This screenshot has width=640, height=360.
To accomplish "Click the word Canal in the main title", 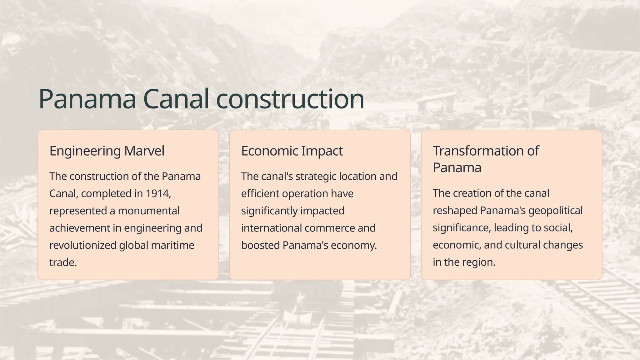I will [176, 99].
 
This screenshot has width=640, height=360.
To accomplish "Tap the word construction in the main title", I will [290, 99].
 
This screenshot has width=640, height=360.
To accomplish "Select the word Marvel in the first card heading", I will [144, 151].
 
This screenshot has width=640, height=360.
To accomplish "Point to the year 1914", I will [158, 194].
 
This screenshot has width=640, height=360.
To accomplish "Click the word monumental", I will [149, 211].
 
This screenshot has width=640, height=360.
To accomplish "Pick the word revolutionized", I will [83, 245].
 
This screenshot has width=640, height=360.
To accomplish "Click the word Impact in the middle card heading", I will [322, 151].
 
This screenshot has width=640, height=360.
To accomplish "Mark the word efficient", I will [260, 194].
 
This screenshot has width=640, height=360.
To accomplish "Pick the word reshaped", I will [455, 211].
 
